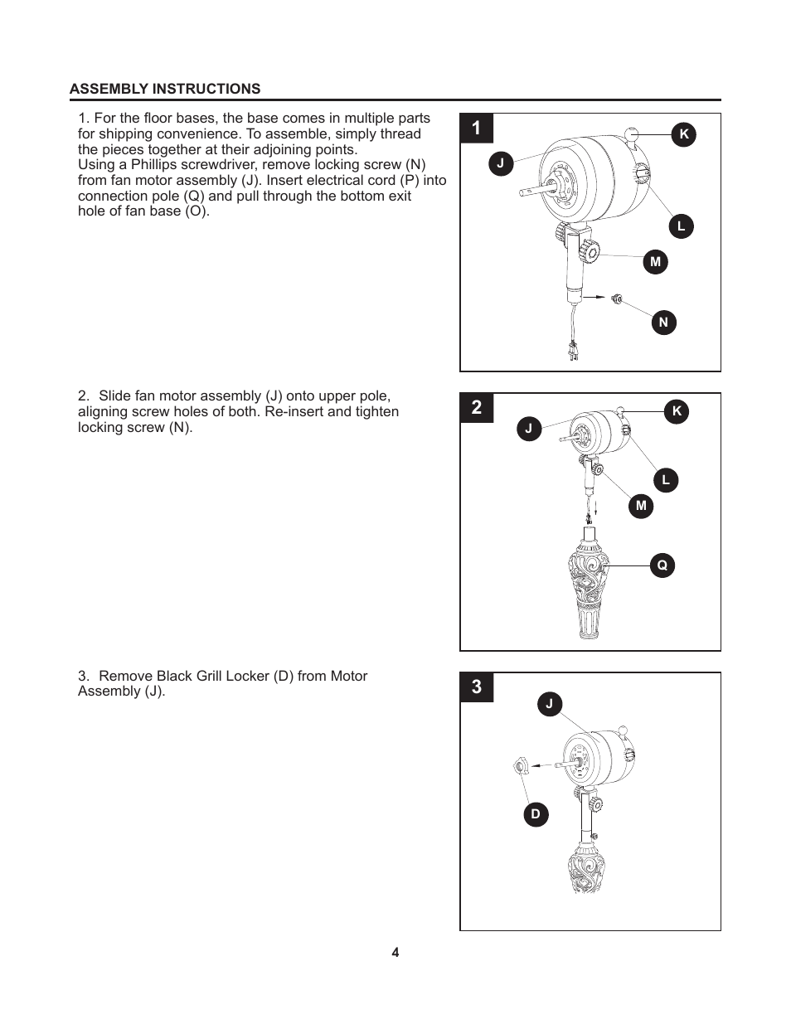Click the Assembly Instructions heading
pos(165,89)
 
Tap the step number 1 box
pos(477,129)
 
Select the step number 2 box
pos(477,408)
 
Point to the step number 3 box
pos(477,687)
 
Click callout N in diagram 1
pos(663,323)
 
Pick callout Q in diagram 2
pos(662,565)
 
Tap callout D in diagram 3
pos(536,814)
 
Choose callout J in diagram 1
pos(500,163)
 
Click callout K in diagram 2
pos(677,411)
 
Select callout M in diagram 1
pos(655,262)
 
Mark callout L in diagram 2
pos(665,480)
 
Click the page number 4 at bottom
pos(395,953)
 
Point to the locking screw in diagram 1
pos(616,298)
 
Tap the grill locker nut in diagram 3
pos(519,767)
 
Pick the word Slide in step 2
pos(116,396)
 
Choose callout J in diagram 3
pos(549,704)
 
